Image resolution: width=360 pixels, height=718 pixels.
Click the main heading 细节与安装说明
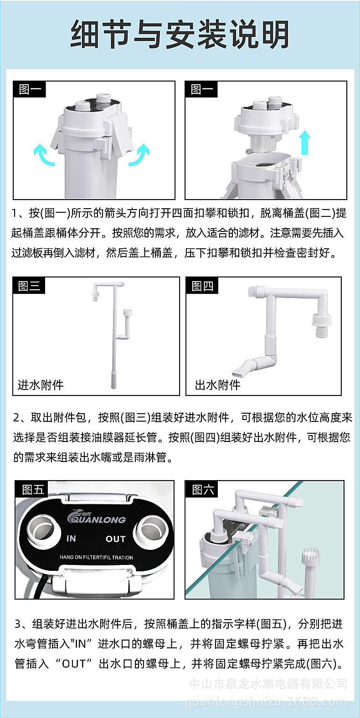tap(180, 35)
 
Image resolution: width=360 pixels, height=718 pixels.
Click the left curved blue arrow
tap(43, 154)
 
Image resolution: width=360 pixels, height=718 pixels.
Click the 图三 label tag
tap(30, 286)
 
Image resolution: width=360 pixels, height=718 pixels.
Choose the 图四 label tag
tap(202, 286)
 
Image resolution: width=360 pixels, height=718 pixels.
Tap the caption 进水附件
tap(41, 385)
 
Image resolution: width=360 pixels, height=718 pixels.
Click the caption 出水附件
tap(217, 385)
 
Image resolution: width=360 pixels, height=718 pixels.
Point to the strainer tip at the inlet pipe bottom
tap(114, 379)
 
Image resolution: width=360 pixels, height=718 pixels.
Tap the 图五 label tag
tap(33, 490)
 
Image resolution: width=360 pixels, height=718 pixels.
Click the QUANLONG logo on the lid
tap(96, 518)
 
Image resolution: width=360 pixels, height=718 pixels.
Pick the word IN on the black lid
tap(71, 538)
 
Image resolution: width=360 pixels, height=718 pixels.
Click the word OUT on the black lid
tap(115, 539)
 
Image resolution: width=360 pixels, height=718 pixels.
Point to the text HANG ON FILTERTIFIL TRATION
tap(96, 557)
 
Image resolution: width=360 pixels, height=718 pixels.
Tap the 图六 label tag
tap(203, 490)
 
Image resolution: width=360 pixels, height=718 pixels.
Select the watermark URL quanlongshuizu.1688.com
tap(266, 702)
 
